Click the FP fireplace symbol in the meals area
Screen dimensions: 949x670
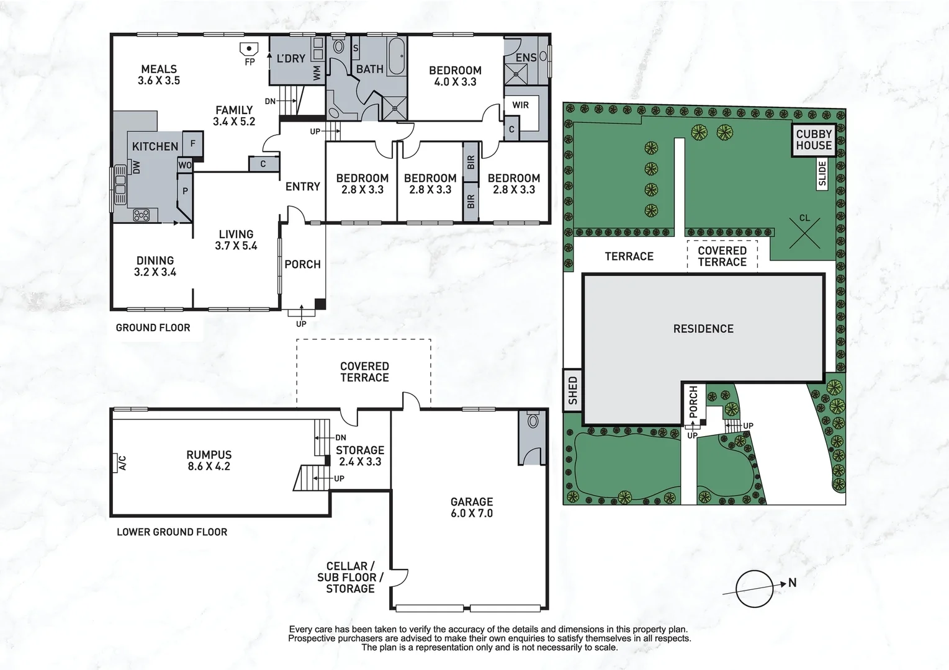point(249,49)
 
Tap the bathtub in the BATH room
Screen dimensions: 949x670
point(397,56)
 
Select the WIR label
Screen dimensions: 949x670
point(520,105)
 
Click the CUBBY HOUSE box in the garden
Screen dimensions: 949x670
point(814,140)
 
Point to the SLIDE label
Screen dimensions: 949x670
point(822,174)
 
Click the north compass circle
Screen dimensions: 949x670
point(755,589)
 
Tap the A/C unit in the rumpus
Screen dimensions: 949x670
point(115,462)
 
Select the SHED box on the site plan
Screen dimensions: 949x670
point(572,390)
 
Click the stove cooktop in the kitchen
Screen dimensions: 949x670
point(141,215)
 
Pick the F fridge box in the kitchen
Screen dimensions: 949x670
point(193,145)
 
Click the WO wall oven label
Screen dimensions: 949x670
point(185,165)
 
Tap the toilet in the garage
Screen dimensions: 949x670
point(533,421)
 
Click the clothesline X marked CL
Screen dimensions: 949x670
point(804,233)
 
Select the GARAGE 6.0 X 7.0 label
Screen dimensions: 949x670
point(472,507)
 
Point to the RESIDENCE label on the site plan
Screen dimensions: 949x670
point(703,329)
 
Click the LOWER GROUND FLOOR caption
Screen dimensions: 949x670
point(172,532)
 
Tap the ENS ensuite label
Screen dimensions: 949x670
point(526,58)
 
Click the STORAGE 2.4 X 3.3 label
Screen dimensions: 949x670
point(360,456)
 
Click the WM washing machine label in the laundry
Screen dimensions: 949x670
point(317,73)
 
